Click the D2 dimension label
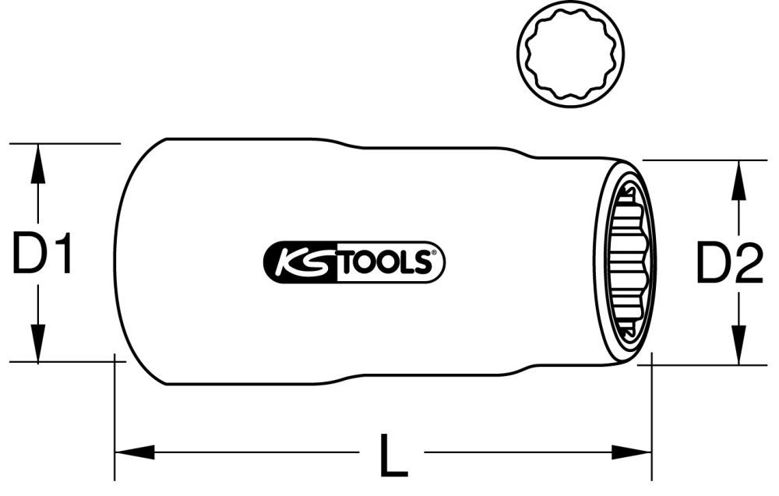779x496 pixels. click(728, 262)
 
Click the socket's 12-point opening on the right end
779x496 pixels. click(627, 262)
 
